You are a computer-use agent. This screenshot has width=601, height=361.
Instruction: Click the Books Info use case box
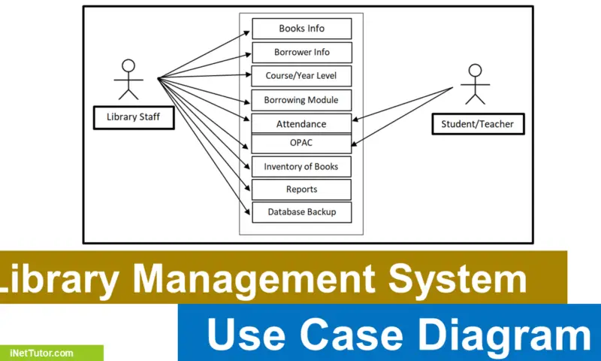pyautogui.click(x=301, y=29)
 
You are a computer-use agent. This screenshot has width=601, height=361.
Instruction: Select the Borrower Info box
pyautogui.click(x=301, y=53)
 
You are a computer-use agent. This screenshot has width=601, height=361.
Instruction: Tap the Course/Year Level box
pyautogui.click(x=301, y=76)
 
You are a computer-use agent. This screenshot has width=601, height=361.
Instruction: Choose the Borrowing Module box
pyautogui.click(x=301, y=100)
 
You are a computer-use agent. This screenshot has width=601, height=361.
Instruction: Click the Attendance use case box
pyautogui.click(x=301, y=123)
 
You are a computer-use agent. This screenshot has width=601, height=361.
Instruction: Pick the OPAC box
pyautogui.click(x=301, y=143)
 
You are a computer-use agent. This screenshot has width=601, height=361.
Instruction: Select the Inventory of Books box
pyautogui.click(x=301, y=166)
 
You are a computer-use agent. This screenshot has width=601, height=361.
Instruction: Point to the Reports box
pyautogui.click(x=301, y=190)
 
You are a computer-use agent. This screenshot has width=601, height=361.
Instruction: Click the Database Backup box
pyautogui.click(x=301, y=212)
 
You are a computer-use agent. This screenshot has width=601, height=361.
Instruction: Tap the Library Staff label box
pyautogui.click(x=133, y=117)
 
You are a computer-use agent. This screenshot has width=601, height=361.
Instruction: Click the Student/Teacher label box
pyautogui.click(x=478, y=123)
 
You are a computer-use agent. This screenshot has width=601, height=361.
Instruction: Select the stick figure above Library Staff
pyautogui.click(x=128, y=79)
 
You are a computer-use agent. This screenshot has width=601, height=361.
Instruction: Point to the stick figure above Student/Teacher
pyautogui.click(x=473, y=86)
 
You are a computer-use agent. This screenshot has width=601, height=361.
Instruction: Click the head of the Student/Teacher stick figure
pyautogui.click(x=473, y=71)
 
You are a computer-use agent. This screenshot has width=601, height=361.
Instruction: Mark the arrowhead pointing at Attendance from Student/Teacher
pyautogui.click(x=356, y=119)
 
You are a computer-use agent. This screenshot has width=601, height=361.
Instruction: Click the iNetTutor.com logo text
pyautogui.click(x=42, y=353)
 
